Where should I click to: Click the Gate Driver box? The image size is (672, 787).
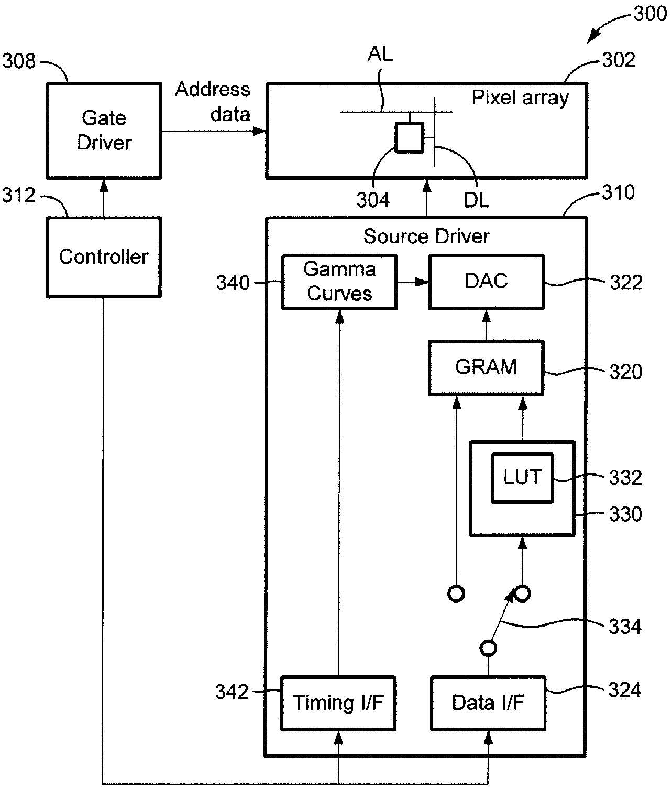pyautogui.click(x=103, y=131)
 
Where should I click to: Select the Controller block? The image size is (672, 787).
pyautogui.click(x=103, y=257)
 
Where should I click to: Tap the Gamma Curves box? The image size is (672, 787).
pyautogui.click(x=339, y=282)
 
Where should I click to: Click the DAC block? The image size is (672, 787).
pyautogui.click(x=487, y=282)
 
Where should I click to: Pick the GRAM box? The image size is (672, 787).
pyautogui.click(x=486, y=368)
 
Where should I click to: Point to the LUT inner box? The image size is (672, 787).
pyautogui.click(x=522, y=478)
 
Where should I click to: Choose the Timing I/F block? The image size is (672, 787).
pyautogui.click(x=338, y=703)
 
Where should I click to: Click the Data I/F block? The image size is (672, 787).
pyautogui.click(x=488, y=703)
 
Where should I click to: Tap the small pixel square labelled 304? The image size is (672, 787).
pyautogui.click(x=409, y=137)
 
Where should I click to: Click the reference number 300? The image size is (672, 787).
pyautogui.click(x=650, y=14)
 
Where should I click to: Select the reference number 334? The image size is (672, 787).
pyautogui.click(x=625, y=627)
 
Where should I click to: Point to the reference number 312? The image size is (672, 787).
pyautogui.click(x=19, y=195)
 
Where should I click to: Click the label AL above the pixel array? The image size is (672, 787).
pyautogui.click(x=380, y=54)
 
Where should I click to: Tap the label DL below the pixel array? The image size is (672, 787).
pyautogui.click(x=477, y=200)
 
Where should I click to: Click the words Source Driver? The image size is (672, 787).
pyautogui.click(x=426, y=236)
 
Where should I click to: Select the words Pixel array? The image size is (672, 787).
pyautogui.click(x=520, y=98)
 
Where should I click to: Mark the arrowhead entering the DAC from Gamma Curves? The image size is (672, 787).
pyautogui.click(x=422, y=282)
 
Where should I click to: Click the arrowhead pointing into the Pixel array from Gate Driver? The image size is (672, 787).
pyautogui.click(x=259, y=131)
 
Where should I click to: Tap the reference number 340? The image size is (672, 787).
pyautogui.click(x=233, y=283)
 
